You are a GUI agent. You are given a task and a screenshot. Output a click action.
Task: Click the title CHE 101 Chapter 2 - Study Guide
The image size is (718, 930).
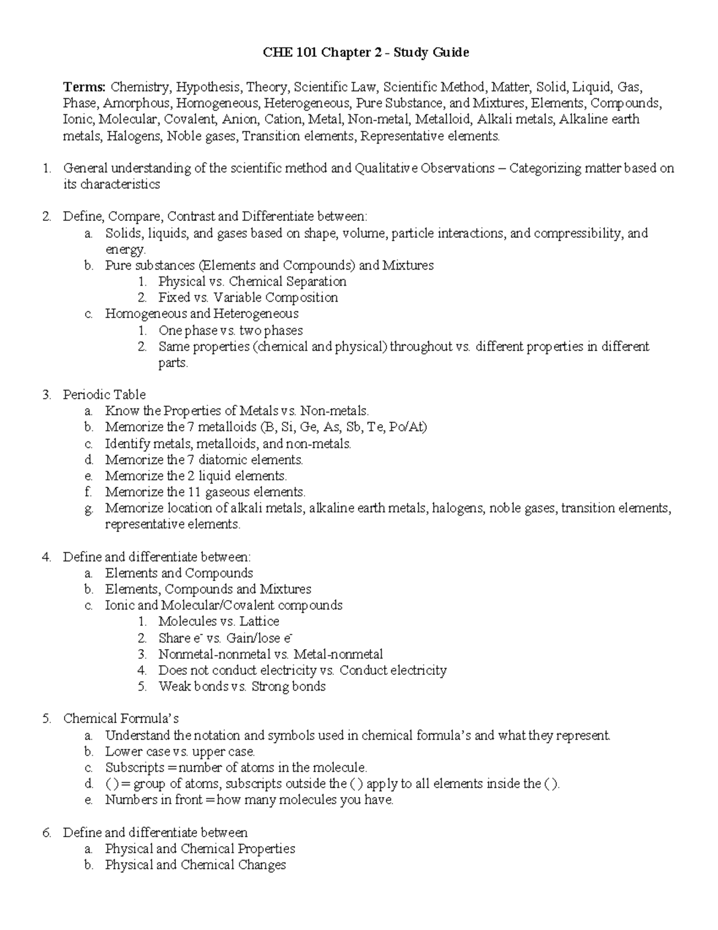[x=366, y=53]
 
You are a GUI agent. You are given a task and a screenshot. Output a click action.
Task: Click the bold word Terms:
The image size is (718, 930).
[x=84, y=87]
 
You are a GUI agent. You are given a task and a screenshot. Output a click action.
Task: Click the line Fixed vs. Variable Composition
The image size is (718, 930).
[x=248, y=298]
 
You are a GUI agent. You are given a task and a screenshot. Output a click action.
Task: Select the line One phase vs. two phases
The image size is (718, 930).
[x=230, y=331]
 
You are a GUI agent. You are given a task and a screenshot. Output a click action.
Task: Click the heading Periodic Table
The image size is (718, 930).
[x=104, y=395]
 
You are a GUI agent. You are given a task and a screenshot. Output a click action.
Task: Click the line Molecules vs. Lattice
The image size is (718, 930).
[x=218, y=622]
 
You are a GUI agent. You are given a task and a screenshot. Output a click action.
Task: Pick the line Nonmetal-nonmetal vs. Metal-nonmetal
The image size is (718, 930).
[x=270, y=654]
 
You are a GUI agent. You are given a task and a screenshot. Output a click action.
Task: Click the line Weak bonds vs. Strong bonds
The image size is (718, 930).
[x=242, y=686]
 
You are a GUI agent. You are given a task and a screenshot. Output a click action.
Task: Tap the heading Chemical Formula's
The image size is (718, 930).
[x=121, y=719]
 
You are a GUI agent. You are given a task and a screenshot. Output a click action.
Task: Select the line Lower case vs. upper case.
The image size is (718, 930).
[x=180, y=752]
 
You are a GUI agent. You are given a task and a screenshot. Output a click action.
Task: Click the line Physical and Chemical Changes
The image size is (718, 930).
[x=195, y=865]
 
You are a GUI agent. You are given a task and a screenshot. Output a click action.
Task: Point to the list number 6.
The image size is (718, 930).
[x=47, y=832]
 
